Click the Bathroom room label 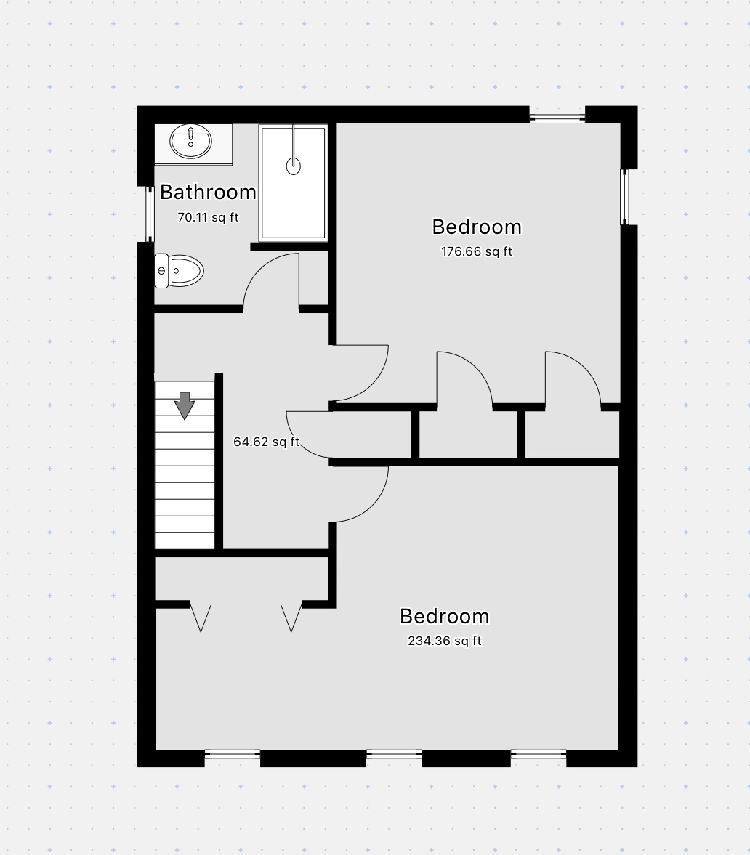click(x=208, y=192)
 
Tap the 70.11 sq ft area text click(x=208, y=217)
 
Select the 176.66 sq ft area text click(x=477, y=251)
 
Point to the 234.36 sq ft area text click(x=445, y=641)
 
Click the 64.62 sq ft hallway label click(x=266, y=442)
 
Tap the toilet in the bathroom click(x=179, y=270)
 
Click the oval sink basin click(x=190, y=141)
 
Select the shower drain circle click(x=294, y=165)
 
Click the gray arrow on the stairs click(x=185, y=405)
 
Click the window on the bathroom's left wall click(x=149, y=214)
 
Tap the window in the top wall click(x=557, y=117)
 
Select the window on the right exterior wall click(x=625, y=197)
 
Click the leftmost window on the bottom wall click(x=233, y=755)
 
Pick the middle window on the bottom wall click(x=394, y=755)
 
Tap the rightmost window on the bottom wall click(x=539, y=755)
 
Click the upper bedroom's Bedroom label click(x=477, y=227)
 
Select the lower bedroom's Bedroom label click(x=445, y=616)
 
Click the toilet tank click(x=161, y=270)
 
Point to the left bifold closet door click(x=201, y=618)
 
